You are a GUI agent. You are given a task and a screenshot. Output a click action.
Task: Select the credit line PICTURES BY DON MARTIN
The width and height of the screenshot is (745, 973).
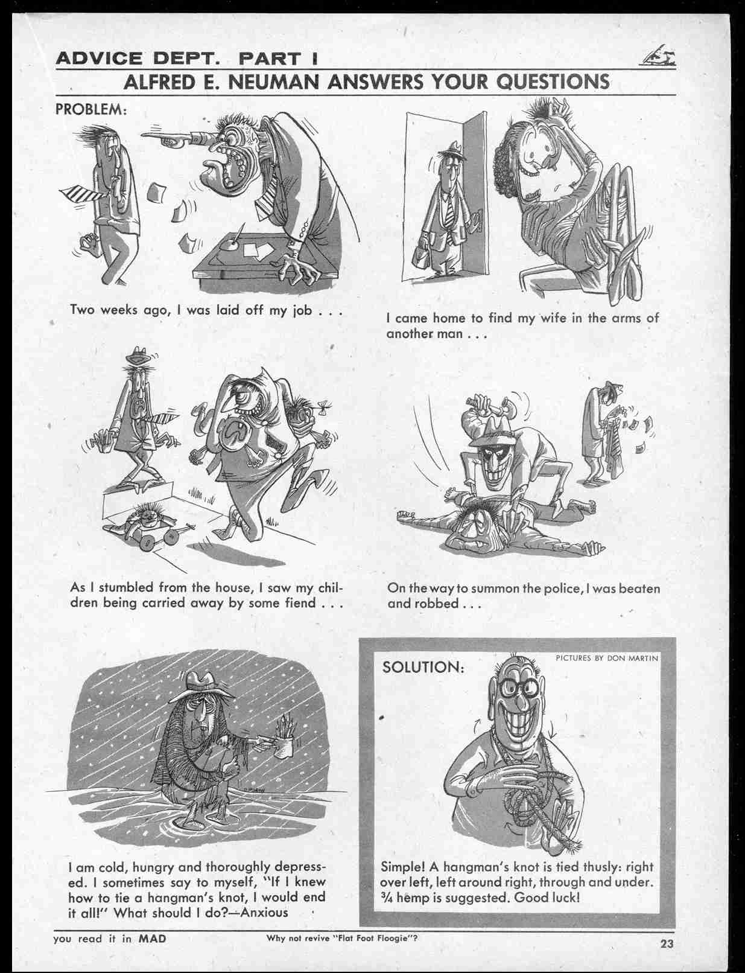click(607, 658)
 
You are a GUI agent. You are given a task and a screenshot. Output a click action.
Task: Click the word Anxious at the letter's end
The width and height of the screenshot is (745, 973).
click(264, 912)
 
